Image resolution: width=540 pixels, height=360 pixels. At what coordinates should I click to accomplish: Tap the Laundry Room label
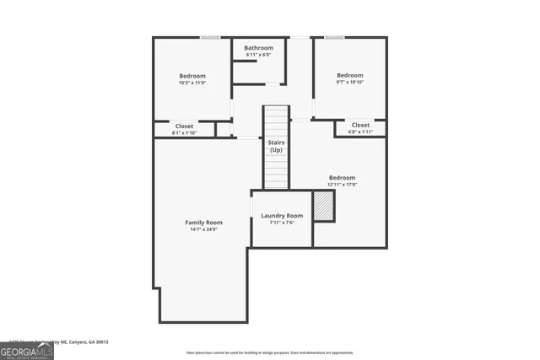coord(282,216)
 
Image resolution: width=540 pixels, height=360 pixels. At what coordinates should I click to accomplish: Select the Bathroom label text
coord(259,48)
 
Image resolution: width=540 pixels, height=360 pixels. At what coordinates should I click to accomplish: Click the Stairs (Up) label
coord(276,146)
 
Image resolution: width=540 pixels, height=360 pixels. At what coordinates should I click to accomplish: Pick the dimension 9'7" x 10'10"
coord(350,82)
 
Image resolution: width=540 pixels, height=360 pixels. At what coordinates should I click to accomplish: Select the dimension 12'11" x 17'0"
coord(342,185)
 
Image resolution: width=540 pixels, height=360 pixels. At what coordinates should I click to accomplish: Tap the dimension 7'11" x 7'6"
coord(282,223)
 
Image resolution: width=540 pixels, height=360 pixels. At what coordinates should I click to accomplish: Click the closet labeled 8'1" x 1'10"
coord(184,132)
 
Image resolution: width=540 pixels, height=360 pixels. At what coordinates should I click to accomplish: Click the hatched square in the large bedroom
coord(323,207)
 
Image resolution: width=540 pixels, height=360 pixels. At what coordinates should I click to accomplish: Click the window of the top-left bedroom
coord(210,37)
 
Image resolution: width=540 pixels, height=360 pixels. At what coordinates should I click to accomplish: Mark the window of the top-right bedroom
coord(335,37)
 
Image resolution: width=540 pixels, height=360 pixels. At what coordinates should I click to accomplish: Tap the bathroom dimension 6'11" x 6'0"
coord(259,55)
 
